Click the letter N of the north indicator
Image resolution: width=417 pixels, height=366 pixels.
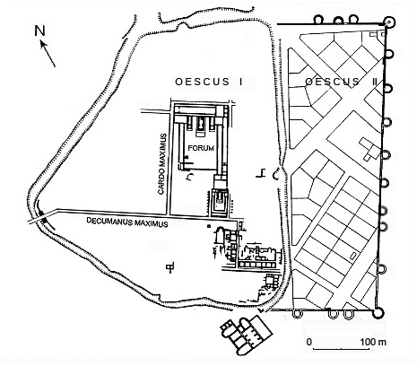pos(39,30)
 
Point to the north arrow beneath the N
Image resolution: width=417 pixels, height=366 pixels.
pos(48,54)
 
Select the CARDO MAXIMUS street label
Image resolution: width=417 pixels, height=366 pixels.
pos(161,164)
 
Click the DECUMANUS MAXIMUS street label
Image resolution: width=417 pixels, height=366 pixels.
pos(127,222)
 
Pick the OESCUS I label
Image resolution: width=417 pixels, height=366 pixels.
pos(209,82)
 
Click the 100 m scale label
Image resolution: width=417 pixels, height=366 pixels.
pos(373,342)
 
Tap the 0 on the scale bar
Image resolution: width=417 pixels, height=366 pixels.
pos(309,342)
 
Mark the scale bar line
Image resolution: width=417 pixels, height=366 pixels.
pos(341,349)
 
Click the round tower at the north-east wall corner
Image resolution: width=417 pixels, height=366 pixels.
pos(389,22)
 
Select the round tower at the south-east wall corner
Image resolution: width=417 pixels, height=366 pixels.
pos(378,313)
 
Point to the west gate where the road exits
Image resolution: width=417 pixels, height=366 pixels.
pos(42,217)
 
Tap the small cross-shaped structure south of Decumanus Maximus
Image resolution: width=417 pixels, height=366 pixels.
pos(170,266)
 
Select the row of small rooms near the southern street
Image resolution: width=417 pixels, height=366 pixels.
pos(256,265)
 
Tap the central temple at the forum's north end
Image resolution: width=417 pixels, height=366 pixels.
pos(200,126)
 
